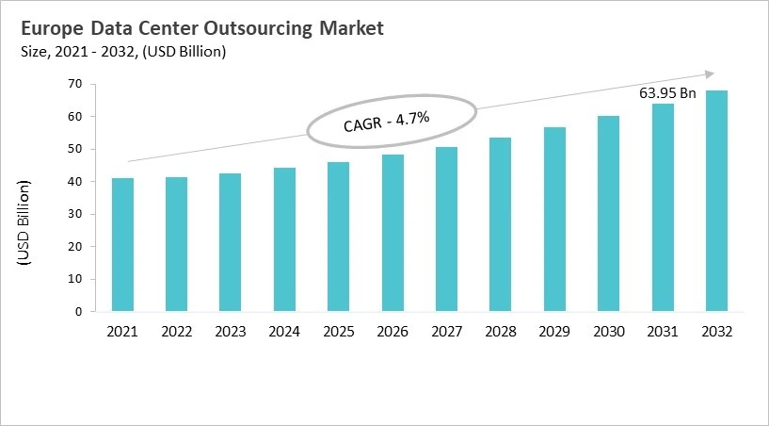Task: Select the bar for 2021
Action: pos(122,245)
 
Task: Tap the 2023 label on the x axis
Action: pos(231,332)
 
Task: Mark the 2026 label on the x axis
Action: pos(392,332)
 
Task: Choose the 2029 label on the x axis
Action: pos(553,332)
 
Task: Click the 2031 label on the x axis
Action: pos(662,332)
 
